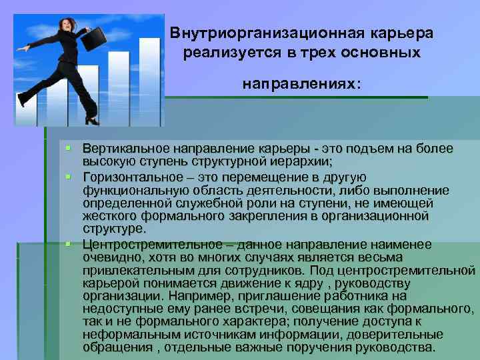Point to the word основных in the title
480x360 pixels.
pyautogui.click(x=386, y=53)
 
